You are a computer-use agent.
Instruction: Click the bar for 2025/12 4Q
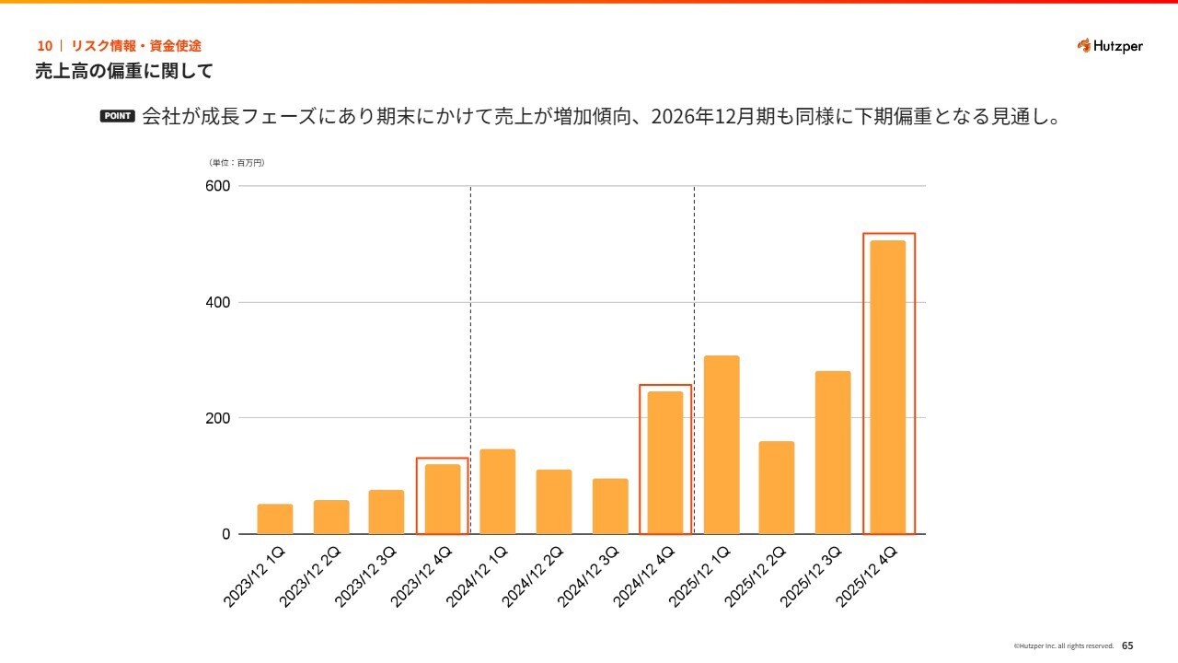[888, 387]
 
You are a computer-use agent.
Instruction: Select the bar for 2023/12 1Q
[275, 519]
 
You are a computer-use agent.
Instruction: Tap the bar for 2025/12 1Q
[722, 445]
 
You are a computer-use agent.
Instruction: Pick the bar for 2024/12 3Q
[610, 506]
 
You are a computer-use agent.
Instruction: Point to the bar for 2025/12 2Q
[777, 488]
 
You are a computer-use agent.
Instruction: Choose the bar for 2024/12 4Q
[665, 462]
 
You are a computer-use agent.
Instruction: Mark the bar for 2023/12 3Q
[387, 512]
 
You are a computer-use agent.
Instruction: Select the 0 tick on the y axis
[225, 534]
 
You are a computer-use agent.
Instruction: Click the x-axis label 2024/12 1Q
[477, 576]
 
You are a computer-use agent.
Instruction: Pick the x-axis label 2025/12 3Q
[810, 576]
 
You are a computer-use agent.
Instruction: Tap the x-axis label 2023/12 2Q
[310, 576]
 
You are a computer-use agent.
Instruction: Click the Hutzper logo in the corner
[1110, 46]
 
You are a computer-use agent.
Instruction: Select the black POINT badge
[117, 117]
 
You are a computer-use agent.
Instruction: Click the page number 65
[1127, 646]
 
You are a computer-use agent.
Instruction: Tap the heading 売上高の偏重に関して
[124, 71]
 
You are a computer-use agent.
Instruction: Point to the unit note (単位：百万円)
[237, 163]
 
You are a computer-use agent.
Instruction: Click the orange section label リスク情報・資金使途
[135, 45]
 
